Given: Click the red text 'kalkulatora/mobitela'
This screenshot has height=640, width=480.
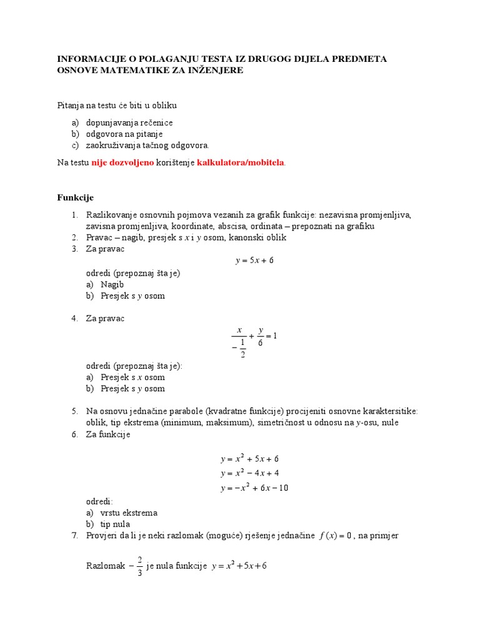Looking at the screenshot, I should [241, 162].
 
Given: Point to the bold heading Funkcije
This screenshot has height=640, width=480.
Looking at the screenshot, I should [75, 197].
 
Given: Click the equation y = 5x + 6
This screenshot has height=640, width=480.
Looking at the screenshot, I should [254, 261].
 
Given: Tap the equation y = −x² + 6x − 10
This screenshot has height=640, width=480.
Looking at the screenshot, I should [254, 488].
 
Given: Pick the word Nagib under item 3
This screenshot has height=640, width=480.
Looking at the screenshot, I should [112, 284].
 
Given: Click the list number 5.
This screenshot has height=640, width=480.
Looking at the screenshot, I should [74, 411].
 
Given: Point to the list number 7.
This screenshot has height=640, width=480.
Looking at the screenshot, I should [74, 536].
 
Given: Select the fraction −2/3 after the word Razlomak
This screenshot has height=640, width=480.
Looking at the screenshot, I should [137, 566].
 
